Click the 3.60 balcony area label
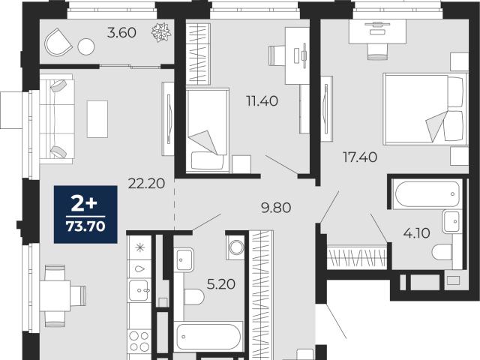pos(121,33)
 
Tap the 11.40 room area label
pos(262,100)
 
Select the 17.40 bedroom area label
pos(360,157)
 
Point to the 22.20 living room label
pos(147,184)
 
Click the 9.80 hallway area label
pos(276,208)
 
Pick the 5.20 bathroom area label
pos(221,284)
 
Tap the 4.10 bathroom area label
pos(417,233)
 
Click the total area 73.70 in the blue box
pos(85,226)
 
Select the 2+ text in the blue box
pos(84,204)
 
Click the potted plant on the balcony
pos(161,32)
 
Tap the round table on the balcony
pos(86,46)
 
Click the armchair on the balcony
pos(58,42)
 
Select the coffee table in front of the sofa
pos(97,119)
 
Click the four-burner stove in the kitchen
pos(139,341)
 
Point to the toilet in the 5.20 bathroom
pos(194,296)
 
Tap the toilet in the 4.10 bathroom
pos(442,253)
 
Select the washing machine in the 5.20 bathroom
pos(235,247)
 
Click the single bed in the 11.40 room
pos(208,130)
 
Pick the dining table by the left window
pos(55,295)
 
